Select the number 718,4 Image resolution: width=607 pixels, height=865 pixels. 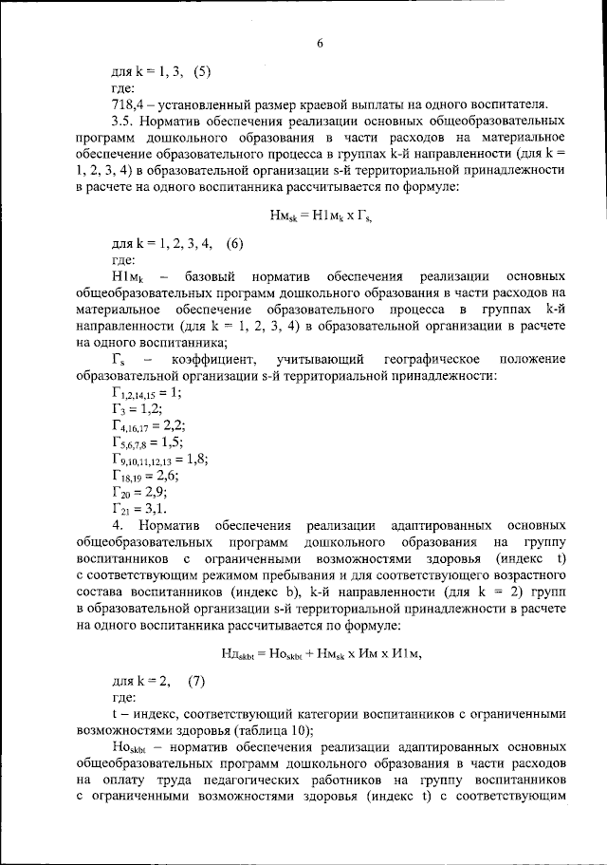point(129,103)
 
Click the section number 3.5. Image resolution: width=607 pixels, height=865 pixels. point(124,122)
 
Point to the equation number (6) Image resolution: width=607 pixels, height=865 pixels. point(229,242)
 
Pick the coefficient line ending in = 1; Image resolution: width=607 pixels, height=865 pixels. point(147,392)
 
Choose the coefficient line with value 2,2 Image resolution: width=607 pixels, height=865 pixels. point(147,426)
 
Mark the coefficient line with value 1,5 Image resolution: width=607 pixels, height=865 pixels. point(146,442)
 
